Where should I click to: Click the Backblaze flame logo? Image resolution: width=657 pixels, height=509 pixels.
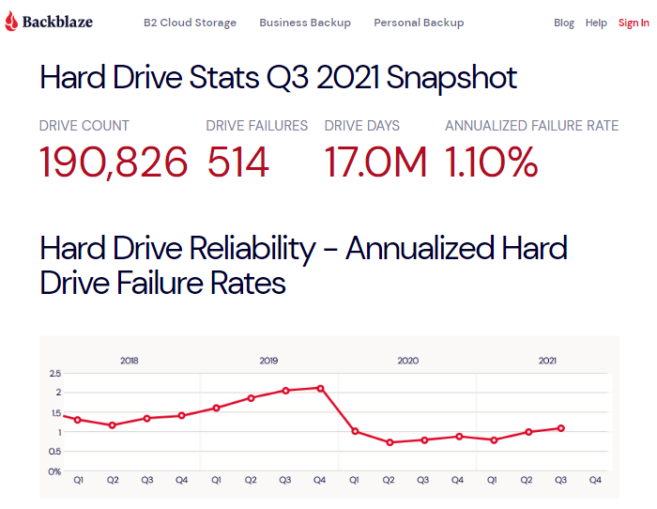tap(11, 23)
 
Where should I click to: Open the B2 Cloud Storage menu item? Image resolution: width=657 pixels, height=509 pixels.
tap(190, 23)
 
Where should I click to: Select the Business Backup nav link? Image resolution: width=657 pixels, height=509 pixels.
tap(305, 23)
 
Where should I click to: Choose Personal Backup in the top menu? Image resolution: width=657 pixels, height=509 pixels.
tap(419, 23)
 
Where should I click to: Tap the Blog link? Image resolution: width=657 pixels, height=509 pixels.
tap(564, 23)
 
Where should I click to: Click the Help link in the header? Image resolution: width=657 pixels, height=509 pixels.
tap(596, 23)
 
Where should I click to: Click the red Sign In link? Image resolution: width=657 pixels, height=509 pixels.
tap(634, 23)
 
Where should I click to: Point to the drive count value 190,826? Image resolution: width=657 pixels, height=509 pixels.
tap(114, 162)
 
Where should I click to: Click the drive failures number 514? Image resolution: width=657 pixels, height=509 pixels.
tap(238, 162)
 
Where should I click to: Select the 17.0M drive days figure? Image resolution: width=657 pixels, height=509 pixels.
tap(375, 162)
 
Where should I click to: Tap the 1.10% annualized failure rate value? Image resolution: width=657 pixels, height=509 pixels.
tap(491, 162)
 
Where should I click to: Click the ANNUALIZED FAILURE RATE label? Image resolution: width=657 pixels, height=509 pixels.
tap(531, 126)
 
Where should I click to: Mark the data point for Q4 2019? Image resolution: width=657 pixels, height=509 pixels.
tap(320, 388)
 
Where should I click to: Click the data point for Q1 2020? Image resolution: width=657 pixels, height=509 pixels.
tap(355, 431)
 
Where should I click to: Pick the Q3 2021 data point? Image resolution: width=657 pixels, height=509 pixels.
tap(561, 428)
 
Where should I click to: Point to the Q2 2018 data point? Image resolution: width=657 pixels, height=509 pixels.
tap(113, 425)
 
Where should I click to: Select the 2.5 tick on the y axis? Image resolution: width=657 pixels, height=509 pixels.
tap(53, 374)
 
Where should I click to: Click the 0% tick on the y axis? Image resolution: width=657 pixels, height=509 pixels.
tap(53, 471)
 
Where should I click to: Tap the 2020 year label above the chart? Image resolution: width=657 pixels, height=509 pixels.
tap(407, 361)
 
